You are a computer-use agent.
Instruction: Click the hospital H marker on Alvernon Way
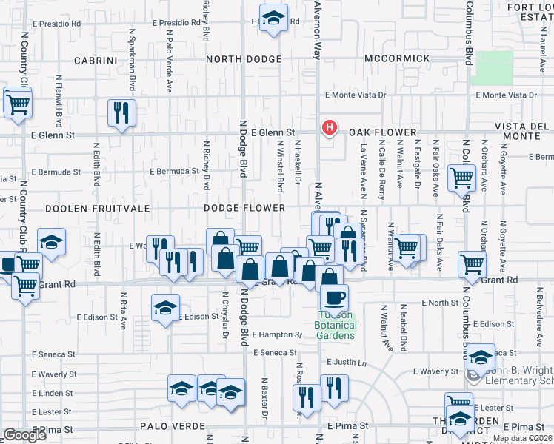click(328, 129)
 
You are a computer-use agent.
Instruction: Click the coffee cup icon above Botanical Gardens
click(334, 297)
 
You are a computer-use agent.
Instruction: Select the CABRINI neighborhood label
click(96, 59)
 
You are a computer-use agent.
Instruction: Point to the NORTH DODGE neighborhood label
click(244, 59)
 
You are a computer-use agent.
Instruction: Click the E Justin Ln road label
click(347, 363)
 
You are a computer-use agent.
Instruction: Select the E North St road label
click(441, 303)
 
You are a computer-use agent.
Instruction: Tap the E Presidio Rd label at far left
click(56, 23)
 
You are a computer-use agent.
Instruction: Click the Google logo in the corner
click(24, 435)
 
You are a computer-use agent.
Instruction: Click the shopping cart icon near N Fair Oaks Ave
click(462, 178)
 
